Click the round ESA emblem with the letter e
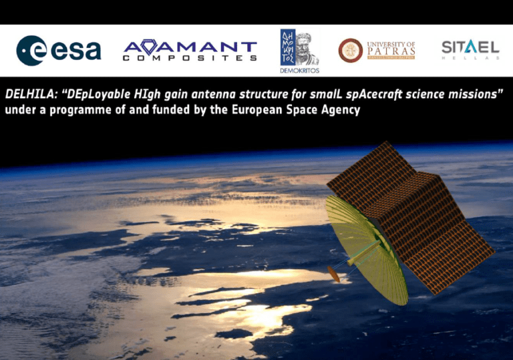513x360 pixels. coord(31,51)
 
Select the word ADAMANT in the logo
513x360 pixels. coord(190,47)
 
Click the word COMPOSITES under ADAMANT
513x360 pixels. coord(190,59)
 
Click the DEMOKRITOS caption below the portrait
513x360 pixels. coord(299,69)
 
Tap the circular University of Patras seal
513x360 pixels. coord(351,51)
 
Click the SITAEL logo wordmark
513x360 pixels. coord(470,47)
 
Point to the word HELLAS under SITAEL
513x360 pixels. coord(470,58)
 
